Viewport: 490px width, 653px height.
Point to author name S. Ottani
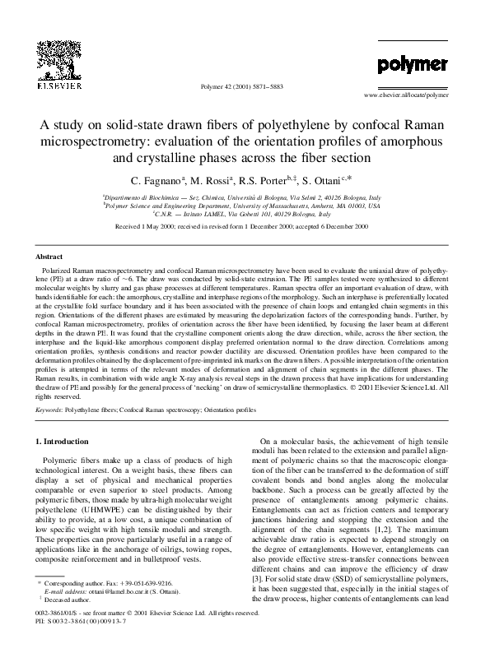pos(328,180)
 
